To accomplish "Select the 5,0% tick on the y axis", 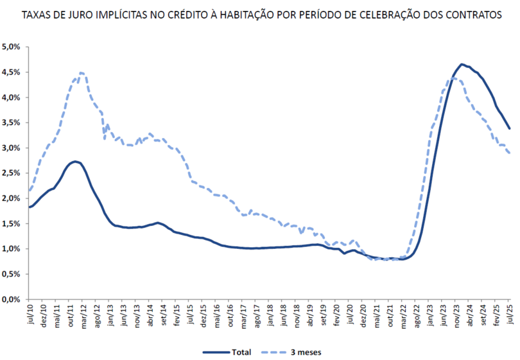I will pos(12,47).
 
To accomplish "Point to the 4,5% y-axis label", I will pos(12,73).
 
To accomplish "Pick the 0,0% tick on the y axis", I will pos(12,299).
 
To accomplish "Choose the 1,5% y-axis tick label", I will pos(12,224).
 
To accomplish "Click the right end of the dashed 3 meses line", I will pos(509,153).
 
